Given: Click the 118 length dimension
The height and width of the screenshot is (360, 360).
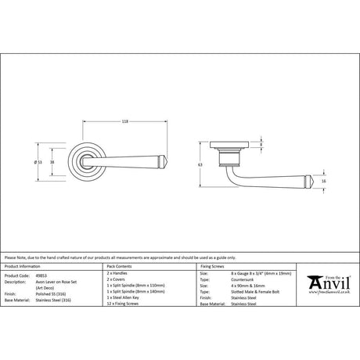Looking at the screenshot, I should [x=126, y=121].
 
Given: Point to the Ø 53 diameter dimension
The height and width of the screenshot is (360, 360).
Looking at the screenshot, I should [x=38, y=163].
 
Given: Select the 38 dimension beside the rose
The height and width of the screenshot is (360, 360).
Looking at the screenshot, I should [x=52, y=163].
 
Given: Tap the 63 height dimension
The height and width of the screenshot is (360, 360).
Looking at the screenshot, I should [x=200, y=166].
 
